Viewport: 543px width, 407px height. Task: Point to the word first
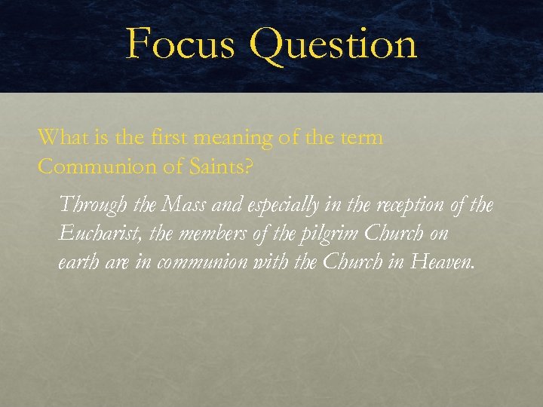point(166,138)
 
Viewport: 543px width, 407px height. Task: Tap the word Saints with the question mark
point(220,167)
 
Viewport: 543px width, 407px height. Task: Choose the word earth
point(77,263)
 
